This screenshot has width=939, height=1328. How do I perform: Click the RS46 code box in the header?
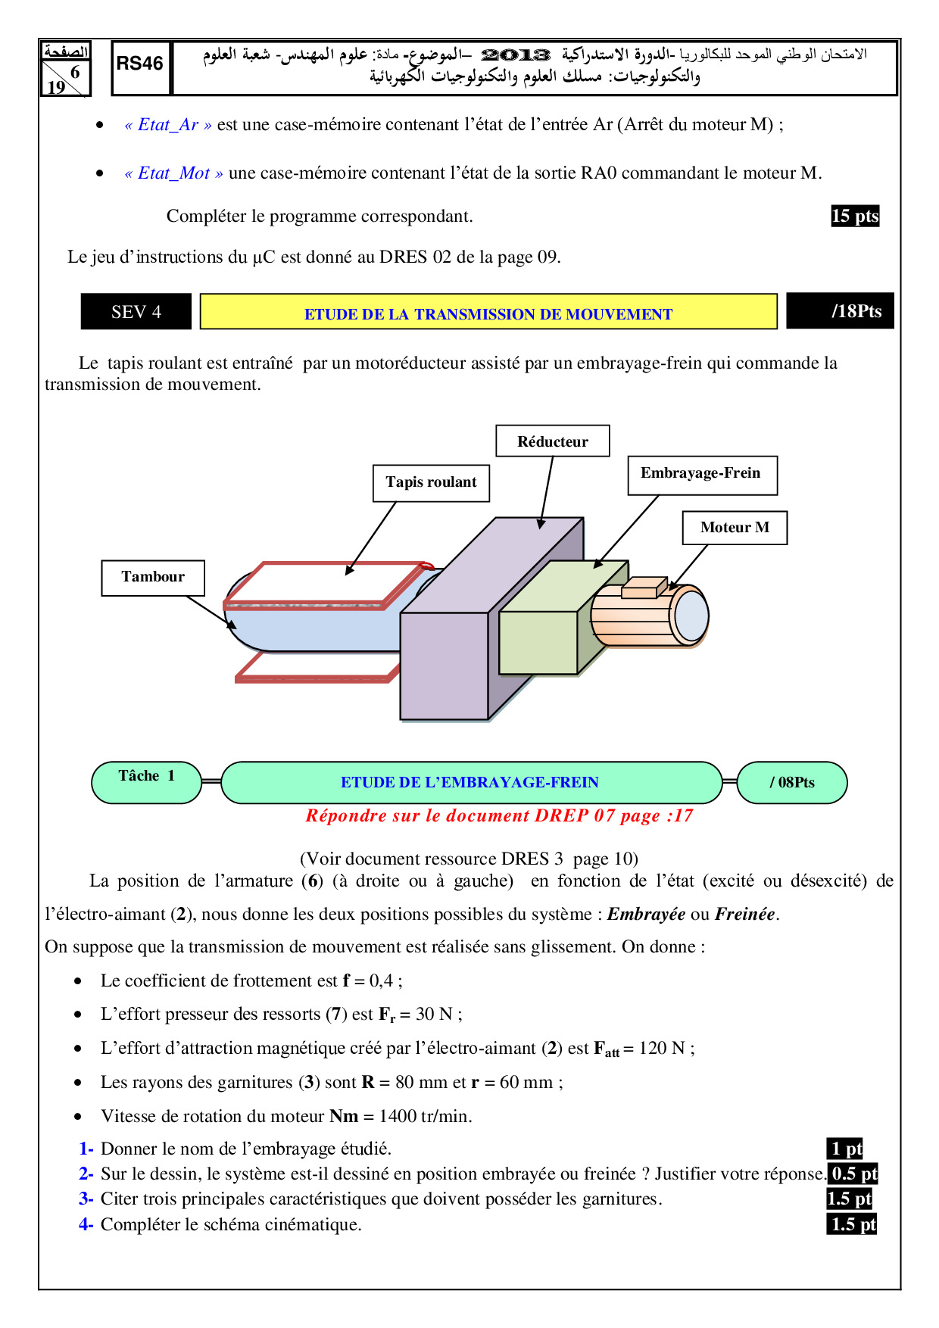coord(140,67)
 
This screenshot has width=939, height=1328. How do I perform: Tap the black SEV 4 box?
coord(136,312)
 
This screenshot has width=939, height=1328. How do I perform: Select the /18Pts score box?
coord(841,311)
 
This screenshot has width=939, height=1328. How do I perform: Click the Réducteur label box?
coord(553,441)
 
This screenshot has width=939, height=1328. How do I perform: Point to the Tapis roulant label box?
coord(431,482)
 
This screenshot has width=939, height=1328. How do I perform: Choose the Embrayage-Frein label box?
coord(701,474)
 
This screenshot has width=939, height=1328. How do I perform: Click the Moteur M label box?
coord(735,528)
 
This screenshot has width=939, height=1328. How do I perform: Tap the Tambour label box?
coord(153,577)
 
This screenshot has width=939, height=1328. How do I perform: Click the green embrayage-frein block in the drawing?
coord(538,641)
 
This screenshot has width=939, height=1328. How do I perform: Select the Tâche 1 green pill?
coord(146,781)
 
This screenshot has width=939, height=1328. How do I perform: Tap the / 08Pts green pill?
coord(792,782)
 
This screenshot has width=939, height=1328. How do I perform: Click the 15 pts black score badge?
coord(854,216)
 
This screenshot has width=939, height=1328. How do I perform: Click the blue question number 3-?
coord(86,1199)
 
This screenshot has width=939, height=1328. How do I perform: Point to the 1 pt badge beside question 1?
coord(845,1149)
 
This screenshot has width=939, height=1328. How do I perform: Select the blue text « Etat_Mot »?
coord(174,173)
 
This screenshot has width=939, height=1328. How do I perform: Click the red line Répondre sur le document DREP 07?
coord(499,815)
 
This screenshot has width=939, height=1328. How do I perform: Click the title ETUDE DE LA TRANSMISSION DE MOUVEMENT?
coord(488,314)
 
